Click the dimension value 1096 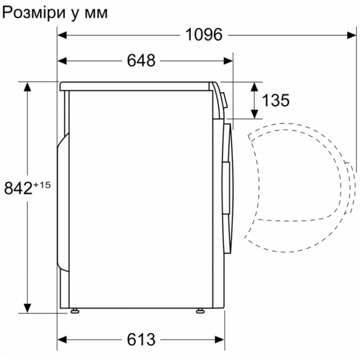click(204, 35)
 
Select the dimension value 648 click(141, 61)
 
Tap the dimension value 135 click(275, 100)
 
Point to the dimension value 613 click(141, 339)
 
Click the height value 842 click(18, 188)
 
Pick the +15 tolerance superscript click(42, 185)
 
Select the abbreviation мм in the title click(96, 14)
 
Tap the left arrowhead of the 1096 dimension click(62, 35)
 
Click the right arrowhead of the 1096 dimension click(351, 35)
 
